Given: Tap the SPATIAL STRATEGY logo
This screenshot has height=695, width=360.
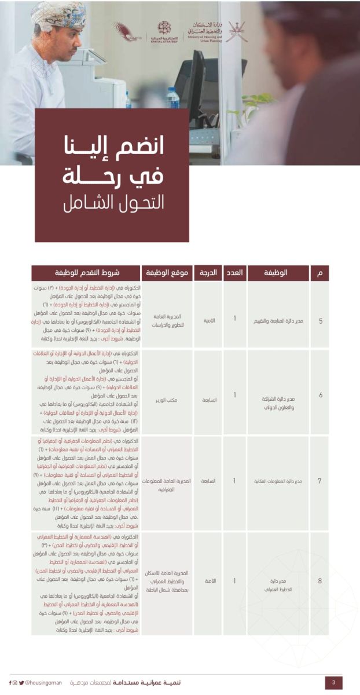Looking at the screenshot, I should (164, 31).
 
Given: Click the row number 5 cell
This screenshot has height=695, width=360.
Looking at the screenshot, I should (321, 318).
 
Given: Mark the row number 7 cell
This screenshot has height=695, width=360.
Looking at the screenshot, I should (321, 481).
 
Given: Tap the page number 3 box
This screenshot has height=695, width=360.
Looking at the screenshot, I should (333, 683).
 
